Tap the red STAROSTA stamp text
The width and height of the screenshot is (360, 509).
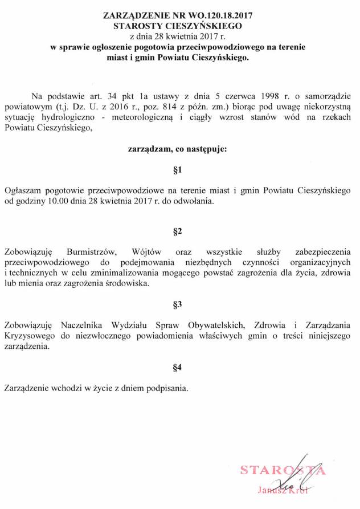(283, 471)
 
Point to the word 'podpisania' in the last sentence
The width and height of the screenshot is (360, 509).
(165, 389)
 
